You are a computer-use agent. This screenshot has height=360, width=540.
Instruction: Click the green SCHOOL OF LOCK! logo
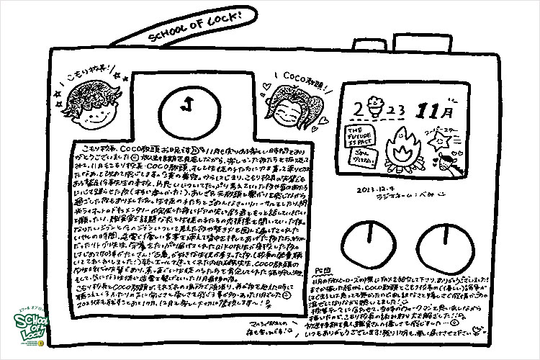[26, 333]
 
